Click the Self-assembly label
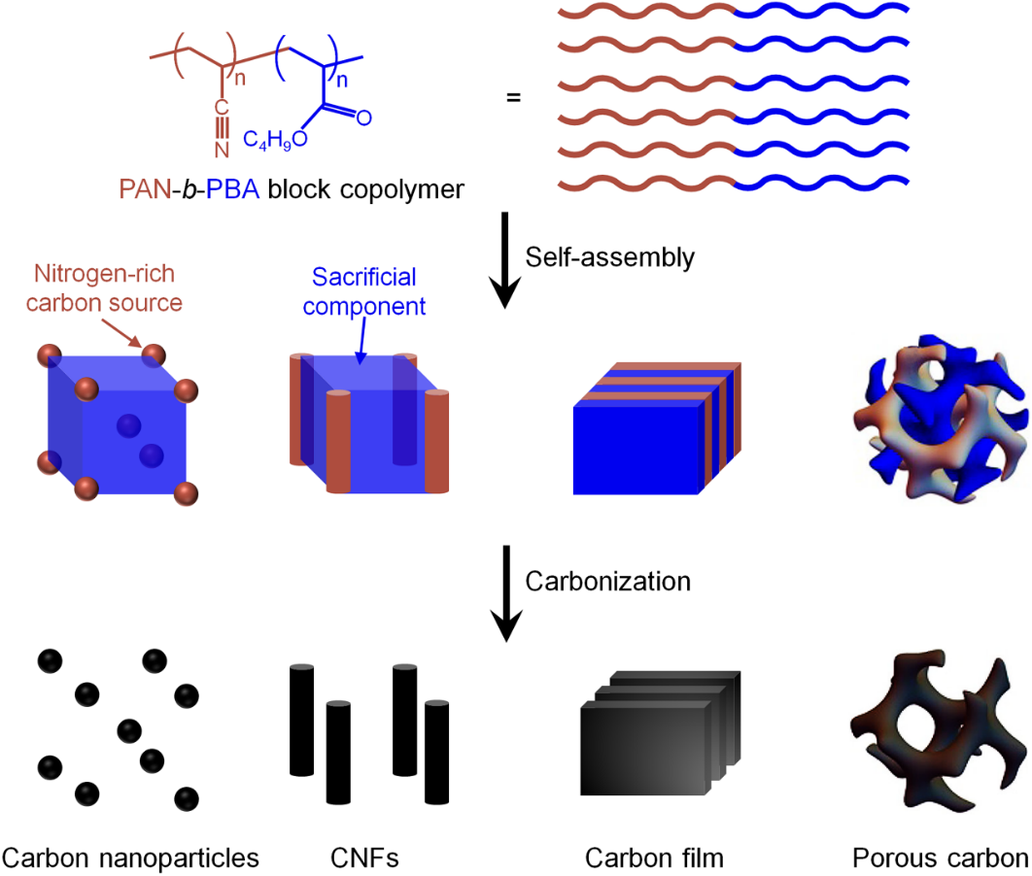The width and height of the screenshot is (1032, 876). (609, 257)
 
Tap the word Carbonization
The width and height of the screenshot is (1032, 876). (608, 582)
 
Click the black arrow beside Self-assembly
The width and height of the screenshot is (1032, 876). (504, 259)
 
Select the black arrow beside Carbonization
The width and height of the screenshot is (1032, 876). (506, 593)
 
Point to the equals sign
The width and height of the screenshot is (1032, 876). (513, 97)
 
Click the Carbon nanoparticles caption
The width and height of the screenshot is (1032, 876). (130, 859)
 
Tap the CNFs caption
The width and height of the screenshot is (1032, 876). (364, 859)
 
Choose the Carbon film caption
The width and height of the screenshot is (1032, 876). (654, 859)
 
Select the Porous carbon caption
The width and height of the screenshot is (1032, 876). (941, 859)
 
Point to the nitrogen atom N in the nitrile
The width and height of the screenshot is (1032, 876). (222, 150)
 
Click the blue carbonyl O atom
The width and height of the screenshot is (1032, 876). (364, 118)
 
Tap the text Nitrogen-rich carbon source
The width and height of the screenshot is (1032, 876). (104, 288)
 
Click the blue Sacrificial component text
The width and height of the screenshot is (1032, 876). (364, 291)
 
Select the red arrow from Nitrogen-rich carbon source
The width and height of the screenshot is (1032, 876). (121, 333)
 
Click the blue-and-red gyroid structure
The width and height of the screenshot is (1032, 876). (941, 419)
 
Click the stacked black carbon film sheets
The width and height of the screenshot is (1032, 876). (661, 732)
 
